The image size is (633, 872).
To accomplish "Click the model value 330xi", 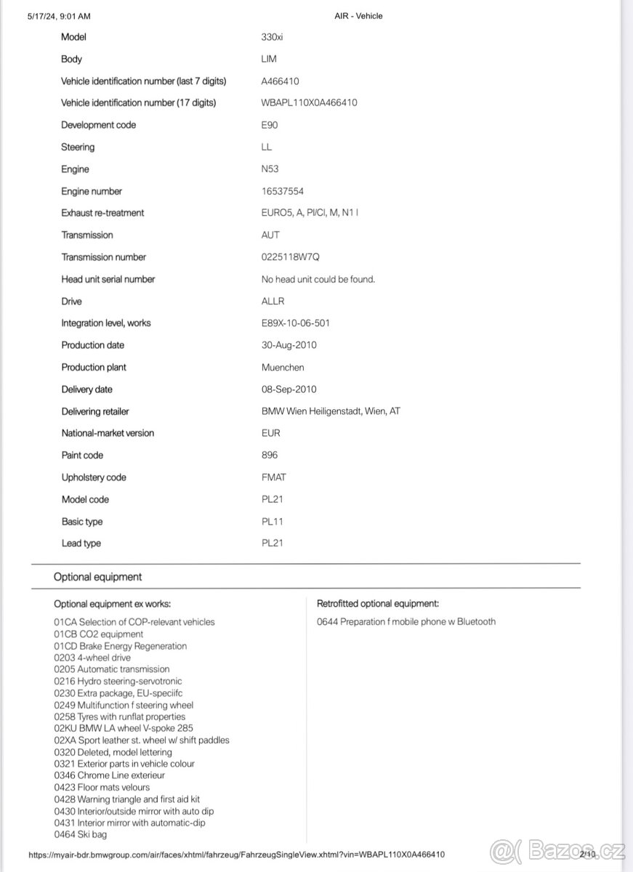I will point(273,37).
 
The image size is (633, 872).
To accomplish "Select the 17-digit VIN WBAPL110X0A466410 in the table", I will point(309,103).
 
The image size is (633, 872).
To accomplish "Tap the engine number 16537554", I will point(283,191).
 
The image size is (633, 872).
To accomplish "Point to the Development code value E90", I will point(270,125).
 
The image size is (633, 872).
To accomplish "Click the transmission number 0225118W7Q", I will point(291,257).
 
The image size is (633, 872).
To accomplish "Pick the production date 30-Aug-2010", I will point(289,345).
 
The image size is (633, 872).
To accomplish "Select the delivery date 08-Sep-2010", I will point(289,389).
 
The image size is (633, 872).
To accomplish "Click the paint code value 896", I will point(270,455).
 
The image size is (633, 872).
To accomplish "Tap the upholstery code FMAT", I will point(274,477).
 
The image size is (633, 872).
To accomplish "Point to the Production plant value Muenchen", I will point(283,368).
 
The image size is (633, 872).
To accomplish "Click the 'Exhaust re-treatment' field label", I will point(102,213).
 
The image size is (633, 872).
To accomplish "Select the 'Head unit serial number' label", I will point(108,279).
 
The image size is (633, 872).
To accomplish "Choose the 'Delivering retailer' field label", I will point(95,411).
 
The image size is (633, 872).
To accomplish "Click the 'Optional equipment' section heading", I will point(98,577).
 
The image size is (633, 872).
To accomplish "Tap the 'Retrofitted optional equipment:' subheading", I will point(378,604).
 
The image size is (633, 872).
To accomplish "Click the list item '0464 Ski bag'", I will point(81,835).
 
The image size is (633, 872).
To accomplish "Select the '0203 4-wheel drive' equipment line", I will point(92,658).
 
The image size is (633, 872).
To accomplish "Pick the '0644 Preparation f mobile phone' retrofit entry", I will point(406,622).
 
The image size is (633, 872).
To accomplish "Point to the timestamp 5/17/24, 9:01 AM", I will point(60,16).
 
